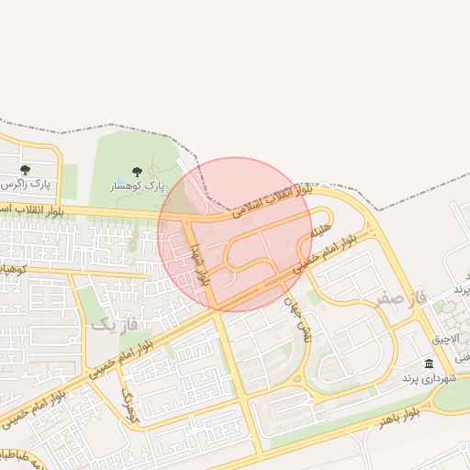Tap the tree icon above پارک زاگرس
point(25,170)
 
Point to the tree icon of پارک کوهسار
point(137,172)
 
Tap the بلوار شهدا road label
point(199,264)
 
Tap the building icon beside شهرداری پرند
point(430,364)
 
